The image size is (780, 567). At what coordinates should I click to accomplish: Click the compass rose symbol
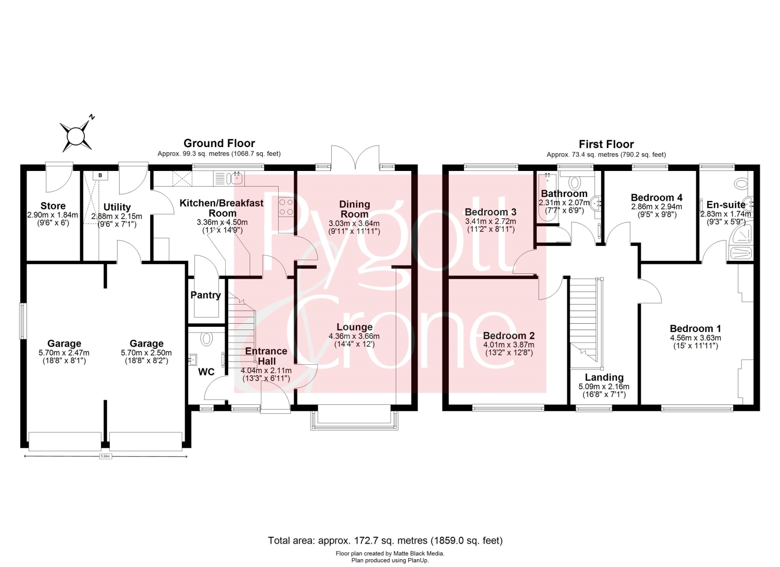pyautogui.click(x=76, y=136)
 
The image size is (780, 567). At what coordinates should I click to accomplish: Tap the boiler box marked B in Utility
pyautogui.click(x=100, y=176)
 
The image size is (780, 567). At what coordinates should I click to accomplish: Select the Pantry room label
pyautogui.click(x=205, y=295)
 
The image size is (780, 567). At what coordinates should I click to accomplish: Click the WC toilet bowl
pyautogui.click(x=207, y=338)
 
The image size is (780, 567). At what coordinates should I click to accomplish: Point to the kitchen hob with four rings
pyautogui.click(x=286, y=207)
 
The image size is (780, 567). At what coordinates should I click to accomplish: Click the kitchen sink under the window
pyautogui.click(x=236, y=178)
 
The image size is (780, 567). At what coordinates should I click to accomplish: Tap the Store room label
pyautogui.click(x=53, y=206)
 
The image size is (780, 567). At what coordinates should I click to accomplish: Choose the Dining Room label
pyautogui.click(x=355, y=209)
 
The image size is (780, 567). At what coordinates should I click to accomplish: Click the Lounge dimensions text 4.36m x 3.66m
pyautogui.click(x=354, y=336)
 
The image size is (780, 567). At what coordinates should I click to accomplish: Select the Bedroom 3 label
pyautogui.click(x=491, y=212)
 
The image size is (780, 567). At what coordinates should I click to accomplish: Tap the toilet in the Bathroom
pyautogui.click(x=575, y=182)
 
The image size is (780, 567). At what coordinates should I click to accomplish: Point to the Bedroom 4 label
pyautogui.click(x=657, y=197)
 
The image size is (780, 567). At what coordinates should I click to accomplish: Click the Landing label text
pyautogui.click(x=604, y=377)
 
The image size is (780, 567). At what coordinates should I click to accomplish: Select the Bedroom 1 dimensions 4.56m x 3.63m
pyautogui.click(x=695, y=338)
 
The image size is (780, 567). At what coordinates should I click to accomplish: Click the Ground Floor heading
pyautogui.click(x=219, y=143)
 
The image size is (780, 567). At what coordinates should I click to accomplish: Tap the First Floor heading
pyautogui.click(x=606, y=144)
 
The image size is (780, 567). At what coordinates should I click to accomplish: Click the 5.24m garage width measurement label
pyautogui.click(x=106, y=456)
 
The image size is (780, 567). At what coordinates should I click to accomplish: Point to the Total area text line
pyautogui.click(x=385, y=540)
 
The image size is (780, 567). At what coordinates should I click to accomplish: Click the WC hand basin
pyautogui.click(x=192, y=358)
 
